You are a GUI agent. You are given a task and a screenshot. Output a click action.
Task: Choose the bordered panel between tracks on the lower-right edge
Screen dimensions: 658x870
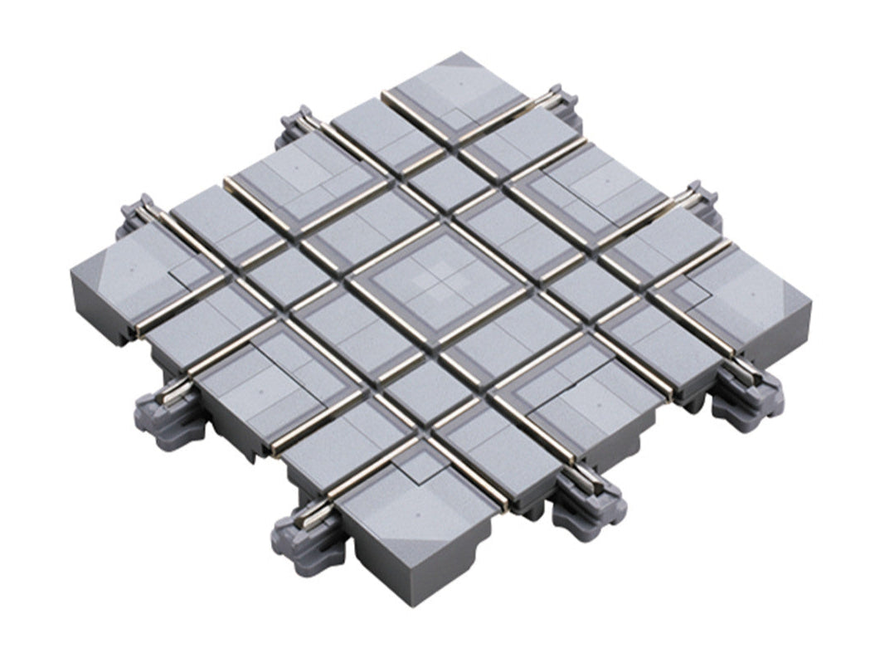point(581,398)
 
